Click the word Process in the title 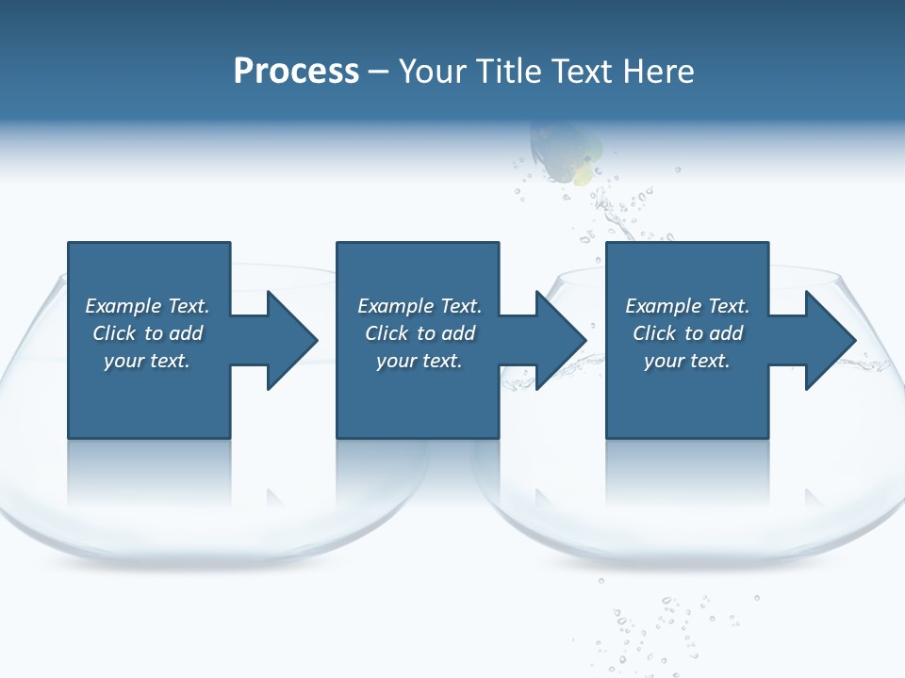coord(296,72)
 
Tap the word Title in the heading coord(507,72)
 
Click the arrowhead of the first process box coord(291,340)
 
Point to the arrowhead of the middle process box coord(561,340)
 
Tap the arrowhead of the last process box coord(830,340)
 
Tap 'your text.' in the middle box coord(419,361)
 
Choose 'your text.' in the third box coord(686,361)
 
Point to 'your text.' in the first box coord(146,361)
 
